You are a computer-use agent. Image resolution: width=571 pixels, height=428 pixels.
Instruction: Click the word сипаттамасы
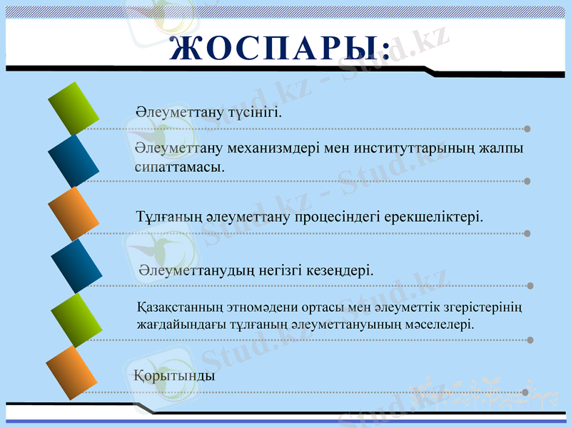pyautogui.click(x=180, y=168)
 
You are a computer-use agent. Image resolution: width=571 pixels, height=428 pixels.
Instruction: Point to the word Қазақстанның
pyautogui.click(x=178, y=308)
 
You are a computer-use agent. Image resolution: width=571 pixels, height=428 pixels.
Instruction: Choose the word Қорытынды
pyautogui.click(x=174, y=375)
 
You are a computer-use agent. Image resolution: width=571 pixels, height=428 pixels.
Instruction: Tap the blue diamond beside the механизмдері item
pyautogui.click(x=74, y=161)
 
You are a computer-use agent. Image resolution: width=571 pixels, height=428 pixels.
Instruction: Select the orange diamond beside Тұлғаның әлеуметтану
pyautogui.click(x=74, y=213)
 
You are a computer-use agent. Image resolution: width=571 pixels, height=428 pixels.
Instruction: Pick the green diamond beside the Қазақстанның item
pyautogui.click(x=76, y=320)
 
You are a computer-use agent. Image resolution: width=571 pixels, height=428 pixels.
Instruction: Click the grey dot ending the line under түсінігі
pyautogui.click(x=527, y=129)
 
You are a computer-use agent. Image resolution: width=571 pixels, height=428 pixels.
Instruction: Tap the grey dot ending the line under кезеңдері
pyautogui.click(x=530, y=286)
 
